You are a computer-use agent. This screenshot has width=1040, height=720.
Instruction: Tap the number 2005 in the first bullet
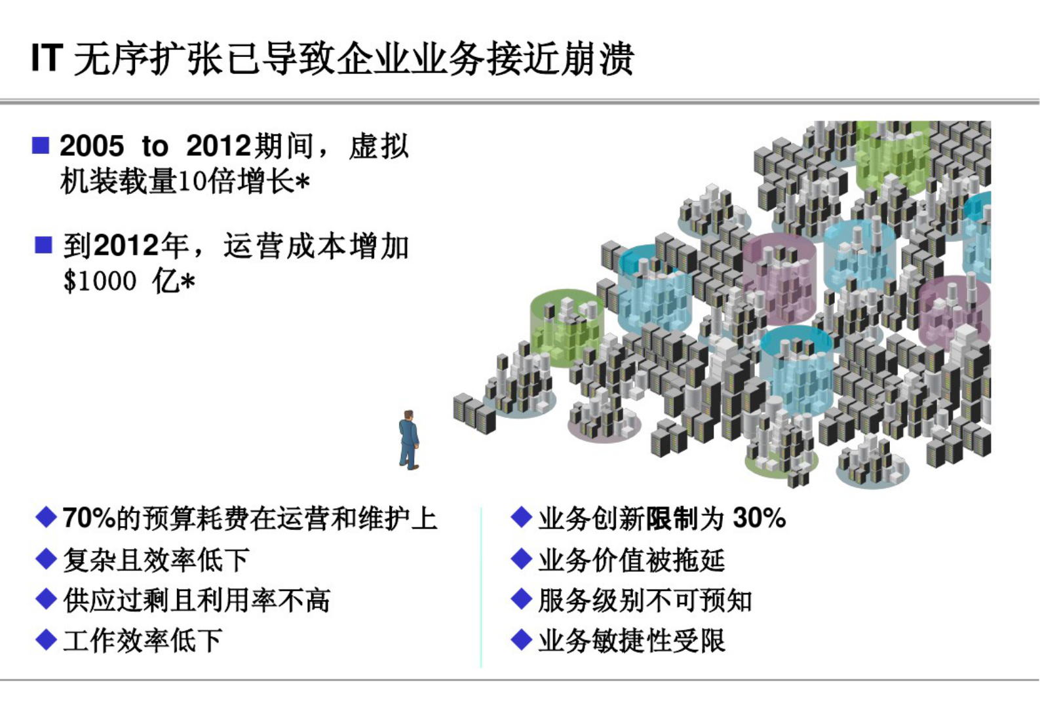92,145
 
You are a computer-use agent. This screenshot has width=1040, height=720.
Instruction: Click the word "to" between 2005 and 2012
155,145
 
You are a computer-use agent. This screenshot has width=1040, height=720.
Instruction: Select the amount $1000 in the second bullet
100,281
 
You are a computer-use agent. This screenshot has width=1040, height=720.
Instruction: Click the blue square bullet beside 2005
41,145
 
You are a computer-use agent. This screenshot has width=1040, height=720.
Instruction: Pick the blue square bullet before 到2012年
43,245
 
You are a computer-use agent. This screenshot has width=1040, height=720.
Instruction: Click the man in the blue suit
409,440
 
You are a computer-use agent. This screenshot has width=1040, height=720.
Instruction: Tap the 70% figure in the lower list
89,518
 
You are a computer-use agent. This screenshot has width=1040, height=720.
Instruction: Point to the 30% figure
760,518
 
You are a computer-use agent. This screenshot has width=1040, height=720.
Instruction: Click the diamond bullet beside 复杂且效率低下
46,559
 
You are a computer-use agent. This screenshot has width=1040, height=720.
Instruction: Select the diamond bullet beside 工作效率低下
46,640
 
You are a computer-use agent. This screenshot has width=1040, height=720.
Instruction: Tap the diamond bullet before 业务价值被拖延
521,559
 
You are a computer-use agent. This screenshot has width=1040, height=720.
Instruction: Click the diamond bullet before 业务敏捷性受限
521,640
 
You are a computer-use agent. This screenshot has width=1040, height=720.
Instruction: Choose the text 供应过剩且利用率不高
197,600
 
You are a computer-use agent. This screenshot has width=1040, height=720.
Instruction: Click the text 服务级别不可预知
645,600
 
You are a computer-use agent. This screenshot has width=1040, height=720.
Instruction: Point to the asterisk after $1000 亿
187,282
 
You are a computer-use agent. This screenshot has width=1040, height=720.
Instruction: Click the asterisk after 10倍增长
302,181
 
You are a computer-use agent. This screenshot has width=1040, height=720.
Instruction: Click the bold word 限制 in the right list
672,518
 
